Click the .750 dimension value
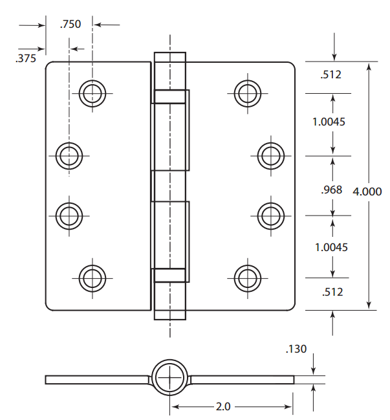[x=70, y=25]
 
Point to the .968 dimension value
[x=331, y=190]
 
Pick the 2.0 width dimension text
[x=224, y=407]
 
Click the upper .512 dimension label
[x=331, y=74]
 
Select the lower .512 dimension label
[x=331, y=292]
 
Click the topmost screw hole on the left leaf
[x=92, y=93]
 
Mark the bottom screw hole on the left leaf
[x=92, y=278]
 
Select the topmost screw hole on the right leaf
[x=246, y=93]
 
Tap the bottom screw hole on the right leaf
[x=246, y=278]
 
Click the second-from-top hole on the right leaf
[x=270, y=155]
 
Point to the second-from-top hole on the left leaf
[x=69, y=155]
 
